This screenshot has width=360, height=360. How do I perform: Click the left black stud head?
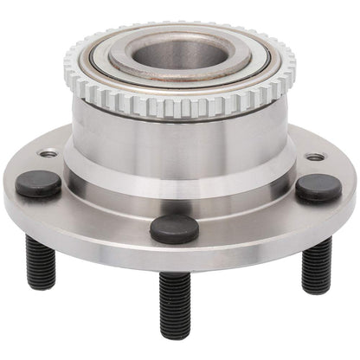(x=39, y=183)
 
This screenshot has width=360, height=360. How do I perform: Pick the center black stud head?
(x=174, y=228)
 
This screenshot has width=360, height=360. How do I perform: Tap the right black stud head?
(x=318, y=187)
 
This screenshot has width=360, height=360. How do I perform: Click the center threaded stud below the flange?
(x=174, y=303)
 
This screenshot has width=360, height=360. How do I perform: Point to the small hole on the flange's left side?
(x=48, y=154)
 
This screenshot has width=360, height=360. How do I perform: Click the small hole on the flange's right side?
(x=315, y=157)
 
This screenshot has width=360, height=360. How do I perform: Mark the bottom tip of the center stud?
(x=174, y=334)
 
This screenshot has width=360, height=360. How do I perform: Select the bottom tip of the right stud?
(x=316, y=289)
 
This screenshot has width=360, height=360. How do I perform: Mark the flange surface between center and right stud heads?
(x=251, y=216)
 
